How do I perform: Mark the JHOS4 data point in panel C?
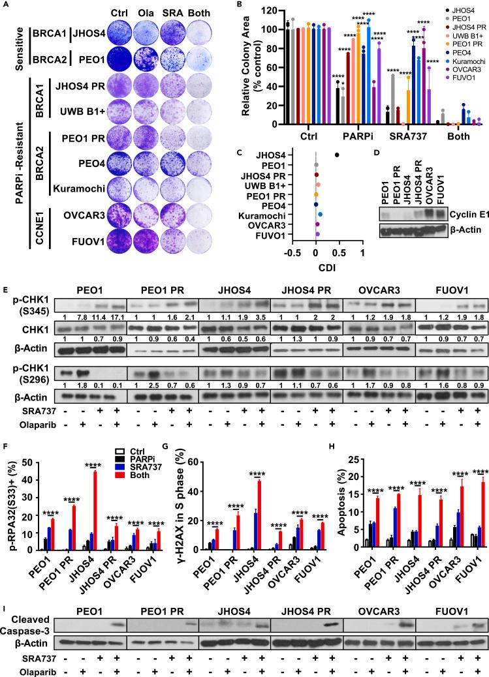(337, 155)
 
